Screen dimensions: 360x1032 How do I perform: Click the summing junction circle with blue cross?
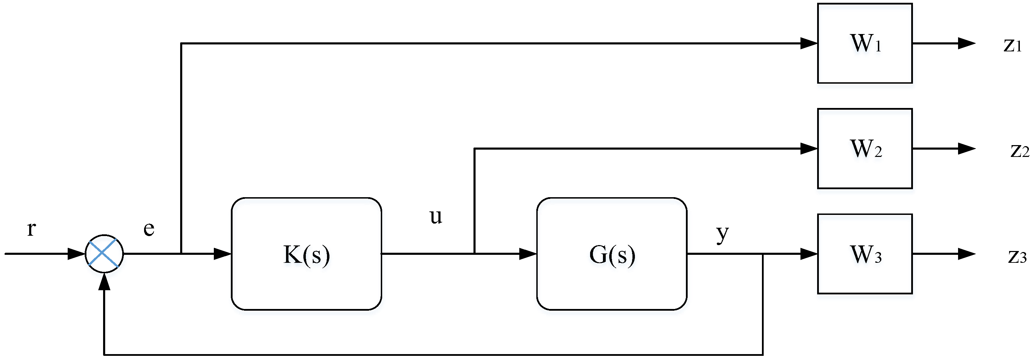click(x=104, y=253)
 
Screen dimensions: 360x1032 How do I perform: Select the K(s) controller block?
click(x=306, y=254)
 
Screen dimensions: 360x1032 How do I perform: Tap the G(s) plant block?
click(x=611, y=254)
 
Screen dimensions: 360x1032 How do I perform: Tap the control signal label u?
click(x=436, y=217)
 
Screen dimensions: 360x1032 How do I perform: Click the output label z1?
click(x=1012, y=44)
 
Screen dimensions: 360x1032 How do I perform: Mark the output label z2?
click(x=1020, y=150)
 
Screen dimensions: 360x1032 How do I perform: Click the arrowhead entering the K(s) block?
click(x=223, y=253)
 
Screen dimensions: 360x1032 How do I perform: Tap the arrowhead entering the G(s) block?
click(x=528, y=253)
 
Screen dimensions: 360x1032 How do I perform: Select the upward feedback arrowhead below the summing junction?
click(x=104, y=282)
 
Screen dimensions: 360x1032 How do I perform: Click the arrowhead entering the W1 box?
click(x=809, y=43)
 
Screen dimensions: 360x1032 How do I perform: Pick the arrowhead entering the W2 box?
click(x=809, y=149)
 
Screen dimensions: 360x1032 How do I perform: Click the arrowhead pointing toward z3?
click(x=966, y=253)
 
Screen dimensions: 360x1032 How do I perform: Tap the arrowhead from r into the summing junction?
click(x=76, y=253)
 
